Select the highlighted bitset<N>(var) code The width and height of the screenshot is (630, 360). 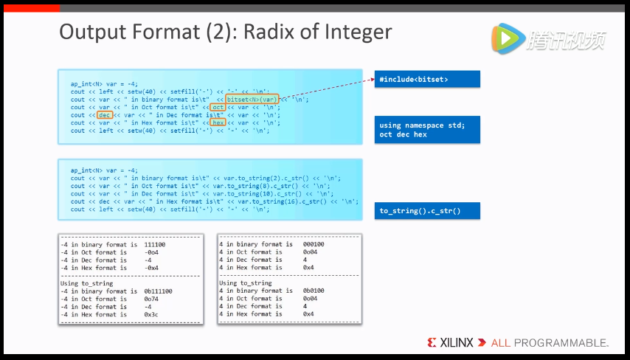(x=253, y=99)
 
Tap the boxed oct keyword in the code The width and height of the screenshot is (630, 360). (x=218, y=107)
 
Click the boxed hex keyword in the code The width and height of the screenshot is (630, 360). (x=218, y=122)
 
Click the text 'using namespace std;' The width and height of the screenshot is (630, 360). (x=422, y=125)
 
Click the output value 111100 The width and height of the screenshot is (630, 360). (x=155, y=244)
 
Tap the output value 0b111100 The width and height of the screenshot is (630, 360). (x=158, y=291)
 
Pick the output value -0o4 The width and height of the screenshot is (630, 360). (x=152, y=252)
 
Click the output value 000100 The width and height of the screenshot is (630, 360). (x=314, y=244)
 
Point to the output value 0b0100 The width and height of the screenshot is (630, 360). (x=314, y=291)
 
